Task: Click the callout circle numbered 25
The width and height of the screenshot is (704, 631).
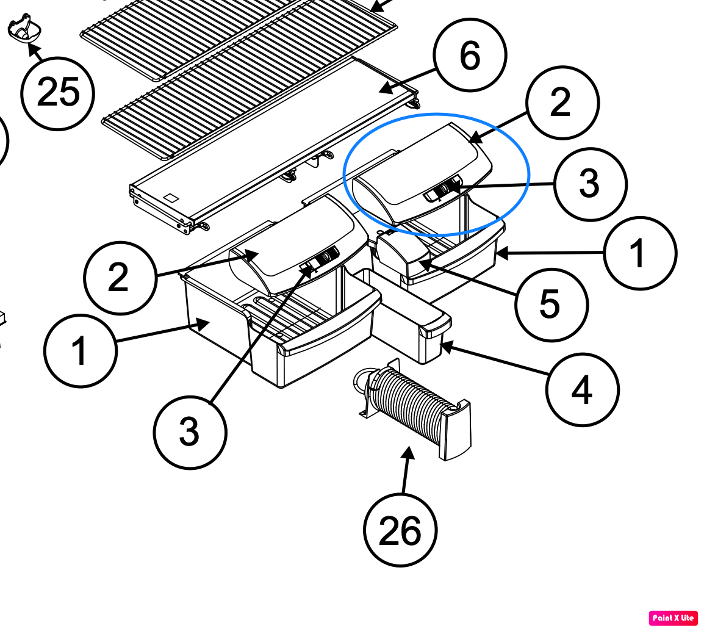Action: pyautogui.click(x=57, y=93)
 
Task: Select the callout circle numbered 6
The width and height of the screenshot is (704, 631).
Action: pyautogui.click(x=470, y=56)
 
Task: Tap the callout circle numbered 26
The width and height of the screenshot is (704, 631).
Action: pyautogui.click(x=400, y=530)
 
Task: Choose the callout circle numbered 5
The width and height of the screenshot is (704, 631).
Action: pyautogui.click(x=551, y=305)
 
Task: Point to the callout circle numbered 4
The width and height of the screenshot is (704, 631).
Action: pyautogui.click(x=583, y=389)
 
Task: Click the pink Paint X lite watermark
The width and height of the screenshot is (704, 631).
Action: pyautogui.click(x=673, y=618)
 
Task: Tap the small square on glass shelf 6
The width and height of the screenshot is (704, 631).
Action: pyautogui.click(x=171, y=198)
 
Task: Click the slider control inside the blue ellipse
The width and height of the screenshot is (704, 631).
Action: pyautogui.click(x=444, y=189)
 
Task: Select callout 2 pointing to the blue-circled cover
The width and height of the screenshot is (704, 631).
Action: pyautogui.click(x=562, y=103)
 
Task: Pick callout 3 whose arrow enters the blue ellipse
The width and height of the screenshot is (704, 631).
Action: pyautogui.click(x=590, y=184)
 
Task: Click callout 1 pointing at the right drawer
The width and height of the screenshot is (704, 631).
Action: pyautogui.click(x=640, y=253)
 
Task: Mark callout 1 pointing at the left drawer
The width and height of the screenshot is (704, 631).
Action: pyautogui.click(x=81, y=351)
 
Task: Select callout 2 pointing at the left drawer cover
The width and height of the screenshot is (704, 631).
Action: pyautogui.click(x=120, y=278)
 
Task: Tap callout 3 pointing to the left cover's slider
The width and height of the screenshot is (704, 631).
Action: pyautogui.click(x=190, y=432)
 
